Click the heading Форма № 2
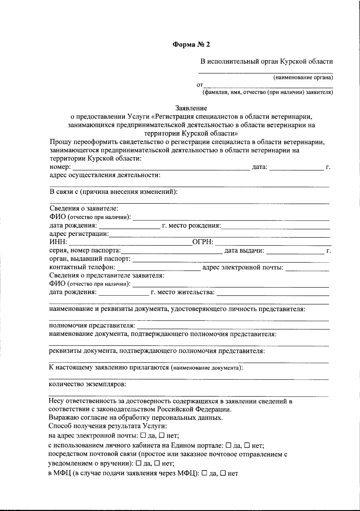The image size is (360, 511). click(191, 45)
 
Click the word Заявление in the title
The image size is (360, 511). click(191, 108)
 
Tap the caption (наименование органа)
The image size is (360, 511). click(303, 78)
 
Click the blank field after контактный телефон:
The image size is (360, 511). click(159, 267)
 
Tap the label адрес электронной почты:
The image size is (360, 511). click(243, 267)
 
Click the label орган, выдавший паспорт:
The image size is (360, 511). click(90, 259)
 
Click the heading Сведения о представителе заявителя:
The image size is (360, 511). click(106, 275)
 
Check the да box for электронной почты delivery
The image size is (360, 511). click(143, 435)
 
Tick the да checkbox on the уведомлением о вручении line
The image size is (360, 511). click(138, 463)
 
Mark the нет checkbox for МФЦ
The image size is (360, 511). click(223, 473)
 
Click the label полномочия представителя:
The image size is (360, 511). click(92, 326)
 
